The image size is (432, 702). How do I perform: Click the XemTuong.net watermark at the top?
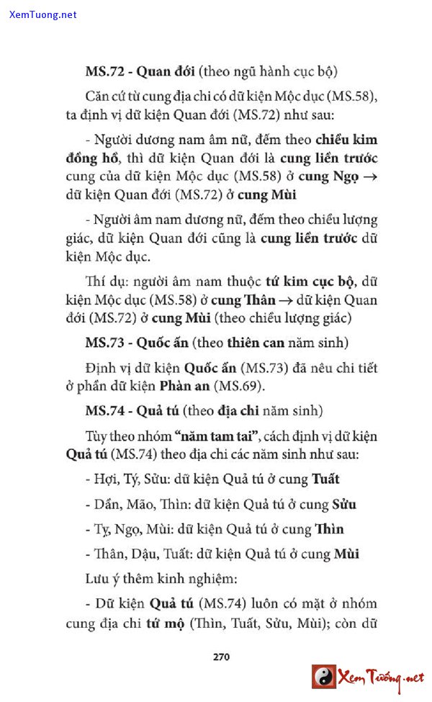point(43,14)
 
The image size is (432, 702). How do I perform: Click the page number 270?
point(221,656)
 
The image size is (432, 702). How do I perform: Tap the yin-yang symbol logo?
point(324,677)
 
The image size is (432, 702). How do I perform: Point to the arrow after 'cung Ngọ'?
point(370,177)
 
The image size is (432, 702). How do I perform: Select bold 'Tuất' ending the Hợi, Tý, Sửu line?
point(325,479)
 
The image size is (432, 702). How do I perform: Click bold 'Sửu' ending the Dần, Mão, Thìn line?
point(344,504)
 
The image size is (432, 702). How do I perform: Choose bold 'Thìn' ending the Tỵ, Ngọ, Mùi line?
point(328,529)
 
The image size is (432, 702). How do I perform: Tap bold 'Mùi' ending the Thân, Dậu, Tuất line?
point(346,554)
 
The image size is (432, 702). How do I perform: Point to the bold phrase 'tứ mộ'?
point(166,624)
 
